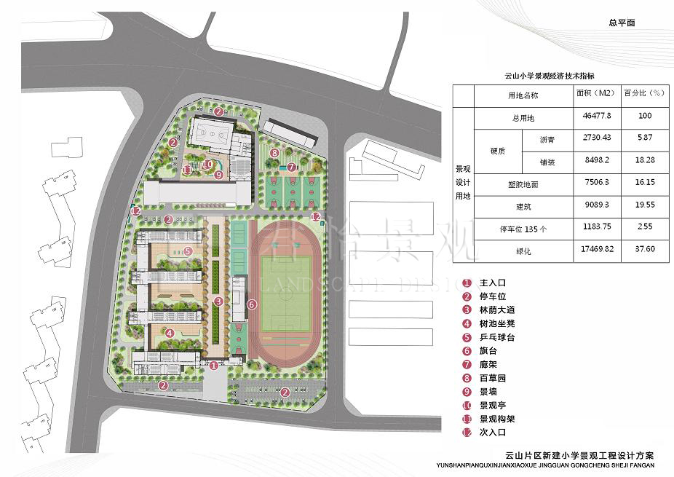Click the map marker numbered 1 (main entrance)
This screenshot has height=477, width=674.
click(213, 366)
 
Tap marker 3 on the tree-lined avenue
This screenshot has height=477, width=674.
click(218, 301)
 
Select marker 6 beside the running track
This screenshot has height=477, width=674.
click(252, 304)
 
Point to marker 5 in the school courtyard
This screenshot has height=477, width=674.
click(170, 334)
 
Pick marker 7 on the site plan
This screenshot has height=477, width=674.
click(291, 167)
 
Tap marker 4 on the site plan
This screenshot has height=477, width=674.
click(170, 334)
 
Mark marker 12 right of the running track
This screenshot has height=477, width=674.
click(316, 216)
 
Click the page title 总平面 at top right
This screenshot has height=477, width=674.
click(622, 23)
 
